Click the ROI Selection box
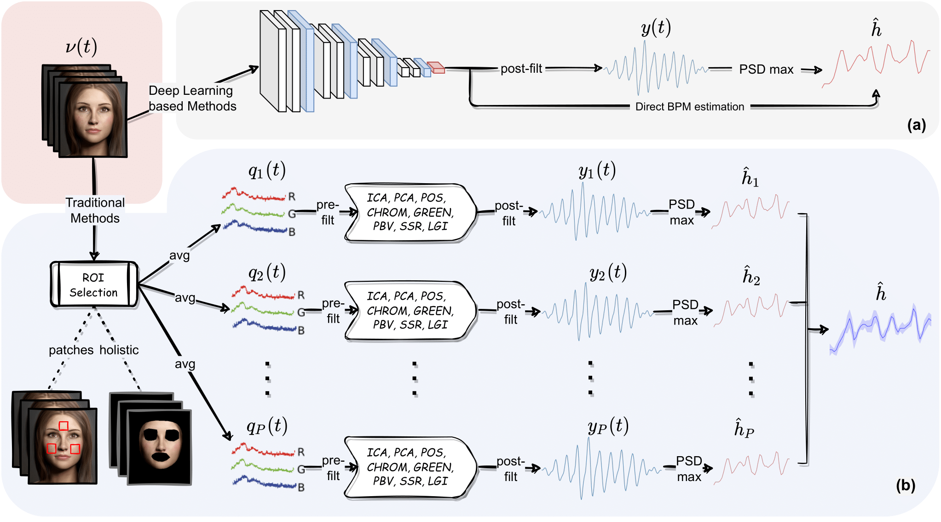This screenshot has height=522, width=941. click(94, 284)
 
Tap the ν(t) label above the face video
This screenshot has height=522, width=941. click(81, 47)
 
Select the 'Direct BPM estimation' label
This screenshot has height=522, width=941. click(689, 107)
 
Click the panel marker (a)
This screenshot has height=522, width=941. click(916, 125)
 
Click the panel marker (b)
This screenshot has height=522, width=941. click(905, 486)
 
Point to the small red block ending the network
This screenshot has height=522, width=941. click(435, 68)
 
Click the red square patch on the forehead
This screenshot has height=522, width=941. click(64, 426)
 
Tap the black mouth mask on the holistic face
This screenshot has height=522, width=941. click(161, 457)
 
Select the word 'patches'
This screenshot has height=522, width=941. click(71, 350)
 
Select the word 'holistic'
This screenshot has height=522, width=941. click(119, 350)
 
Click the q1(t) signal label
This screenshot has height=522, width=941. click(267, 170)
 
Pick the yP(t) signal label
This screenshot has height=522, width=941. click(608, 426)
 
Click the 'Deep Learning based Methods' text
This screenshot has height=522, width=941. click(192, 99)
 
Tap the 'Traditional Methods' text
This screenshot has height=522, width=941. click(95, 210)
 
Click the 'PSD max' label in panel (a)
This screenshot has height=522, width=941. click(766, 70)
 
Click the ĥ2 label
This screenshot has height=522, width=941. click(751, 276)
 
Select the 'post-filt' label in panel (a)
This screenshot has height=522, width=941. click(521, 69)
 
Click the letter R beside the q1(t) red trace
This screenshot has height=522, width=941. click(292, 197)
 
